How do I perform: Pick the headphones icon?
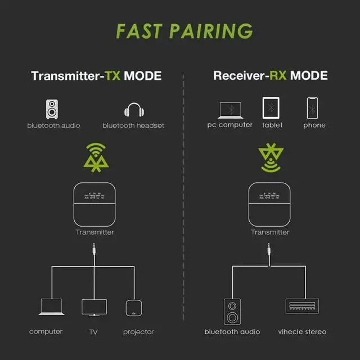134,110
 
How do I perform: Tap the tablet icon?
271,107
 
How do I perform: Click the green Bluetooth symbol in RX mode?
271,158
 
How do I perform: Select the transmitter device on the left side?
95,204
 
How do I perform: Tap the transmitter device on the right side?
271,204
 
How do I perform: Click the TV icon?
93,307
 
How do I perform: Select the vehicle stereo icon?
303,308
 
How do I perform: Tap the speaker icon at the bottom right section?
232,310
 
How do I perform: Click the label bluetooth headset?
134,125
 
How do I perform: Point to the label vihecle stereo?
302,332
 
